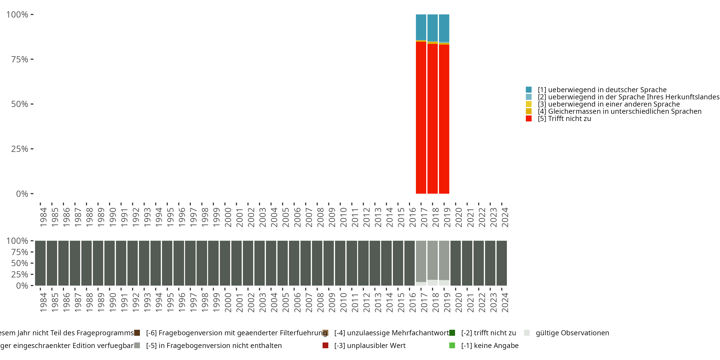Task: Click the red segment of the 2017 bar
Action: [421, 117]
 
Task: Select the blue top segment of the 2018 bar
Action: [432, 27]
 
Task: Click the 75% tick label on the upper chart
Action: [20, 60]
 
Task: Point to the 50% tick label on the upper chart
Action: [20, 104]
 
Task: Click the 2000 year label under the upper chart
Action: [228, 217]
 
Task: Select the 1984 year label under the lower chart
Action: [43, 302]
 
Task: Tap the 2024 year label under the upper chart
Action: [505, 217]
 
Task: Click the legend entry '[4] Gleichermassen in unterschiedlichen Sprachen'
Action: [619, 112]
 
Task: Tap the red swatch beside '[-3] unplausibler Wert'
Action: [325, 345]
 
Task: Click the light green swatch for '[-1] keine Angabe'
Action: [452, 345]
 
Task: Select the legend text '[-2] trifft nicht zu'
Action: [488, 333]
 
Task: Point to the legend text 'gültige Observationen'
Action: [572, 333]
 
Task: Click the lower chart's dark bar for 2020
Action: [456, 263]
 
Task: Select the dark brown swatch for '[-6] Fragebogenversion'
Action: [137, 333]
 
